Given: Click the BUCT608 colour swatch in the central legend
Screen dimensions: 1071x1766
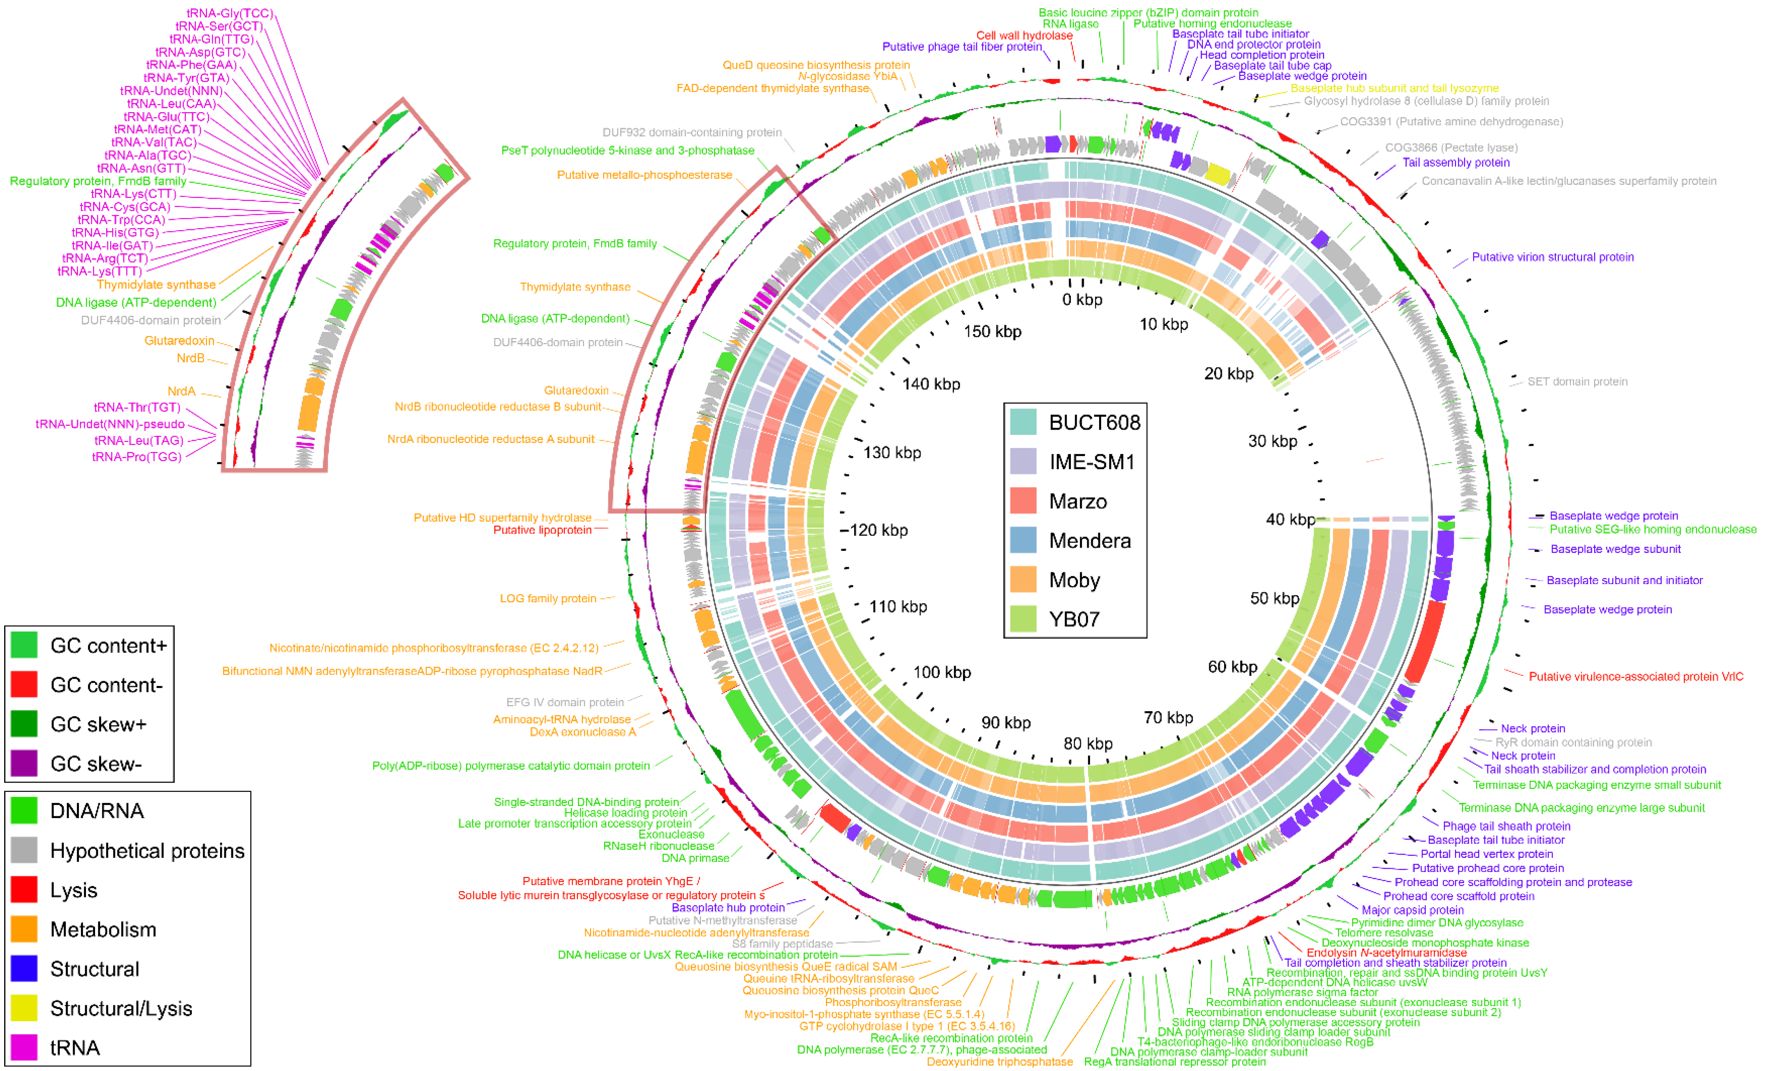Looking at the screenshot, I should coord(1023,422).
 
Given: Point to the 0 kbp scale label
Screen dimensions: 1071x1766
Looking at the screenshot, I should coord(1082,300).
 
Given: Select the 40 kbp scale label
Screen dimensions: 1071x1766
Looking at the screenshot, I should coord(1289,519).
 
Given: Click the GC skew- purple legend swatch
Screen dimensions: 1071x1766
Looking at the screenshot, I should coord(24,764).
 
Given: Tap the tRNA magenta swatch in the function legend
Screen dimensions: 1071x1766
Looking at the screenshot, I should coord(24,1047).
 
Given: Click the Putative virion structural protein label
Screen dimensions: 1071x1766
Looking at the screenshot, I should coord(1553,257).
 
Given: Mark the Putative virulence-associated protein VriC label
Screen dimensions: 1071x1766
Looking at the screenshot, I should coord(1636,676).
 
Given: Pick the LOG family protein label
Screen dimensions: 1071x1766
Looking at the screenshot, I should coord(548,598).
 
